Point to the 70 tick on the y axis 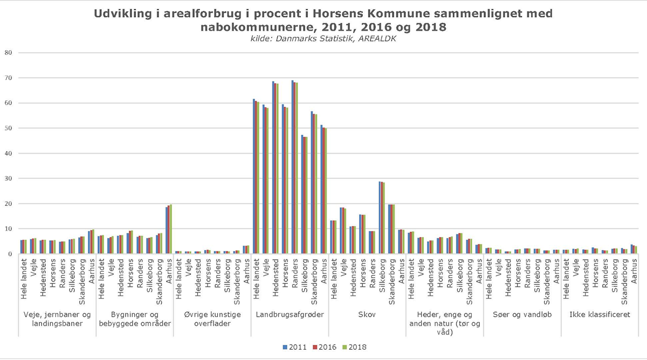pos(8,78)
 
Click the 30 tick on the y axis pos(8,178)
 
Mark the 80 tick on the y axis pos(8,53)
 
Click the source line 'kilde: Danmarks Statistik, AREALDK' pos(323,38)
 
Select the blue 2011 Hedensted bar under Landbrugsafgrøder pos(273,168)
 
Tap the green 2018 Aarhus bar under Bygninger pos(171,229)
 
